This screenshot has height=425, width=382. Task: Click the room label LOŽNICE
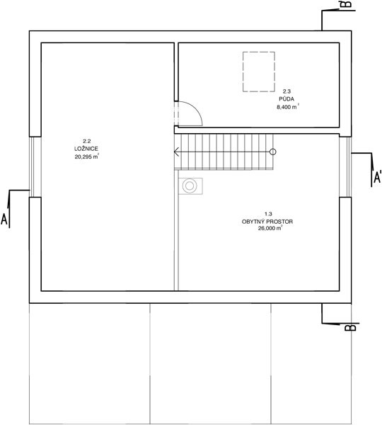click(86, 149)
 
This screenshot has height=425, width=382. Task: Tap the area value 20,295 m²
click(86, 157)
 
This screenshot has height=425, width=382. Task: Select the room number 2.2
click(86, 141)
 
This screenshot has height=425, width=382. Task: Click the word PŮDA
click(286, 99)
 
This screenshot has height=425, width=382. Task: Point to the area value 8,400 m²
click(288, 107)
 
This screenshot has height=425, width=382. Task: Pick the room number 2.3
click(286, 91)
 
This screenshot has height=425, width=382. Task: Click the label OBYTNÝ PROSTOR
click(267, 222)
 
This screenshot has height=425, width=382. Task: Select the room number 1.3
click(268, 214)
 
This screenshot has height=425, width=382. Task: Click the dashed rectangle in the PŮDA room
click(259, 52)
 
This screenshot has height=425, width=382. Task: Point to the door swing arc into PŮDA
click(195, 107)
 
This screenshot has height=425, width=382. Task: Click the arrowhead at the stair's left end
click(176, 152)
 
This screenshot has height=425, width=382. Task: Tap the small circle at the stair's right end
click(273, 152)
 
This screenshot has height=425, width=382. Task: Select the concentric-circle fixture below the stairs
click(190, 186)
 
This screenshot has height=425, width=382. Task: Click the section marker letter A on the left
click(4, 219)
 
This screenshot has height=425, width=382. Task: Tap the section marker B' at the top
click(348, 4)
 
